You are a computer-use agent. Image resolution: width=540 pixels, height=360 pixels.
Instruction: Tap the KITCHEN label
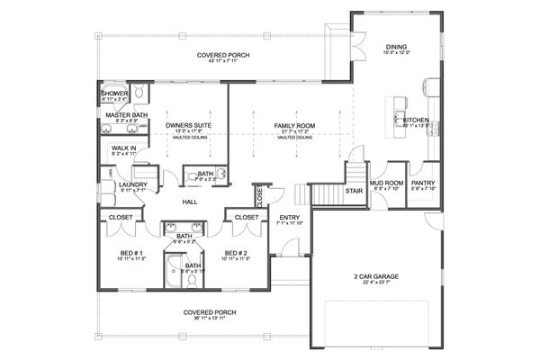(416, 119)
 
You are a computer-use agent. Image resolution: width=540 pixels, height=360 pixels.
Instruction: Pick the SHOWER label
(114, 94)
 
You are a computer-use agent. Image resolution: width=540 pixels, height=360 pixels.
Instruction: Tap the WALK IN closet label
(123, 148)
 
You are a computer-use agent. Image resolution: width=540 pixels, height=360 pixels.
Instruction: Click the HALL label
(190, 202)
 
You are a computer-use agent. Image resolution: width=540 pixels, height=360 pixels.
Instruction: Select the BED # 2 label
(236, 253)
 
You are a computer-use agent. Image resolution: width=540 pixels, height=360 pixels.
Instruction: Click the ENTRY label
(290, 217)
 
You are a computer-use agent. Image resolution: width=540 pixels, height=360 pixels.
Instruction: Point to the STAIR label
(354, 191)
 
